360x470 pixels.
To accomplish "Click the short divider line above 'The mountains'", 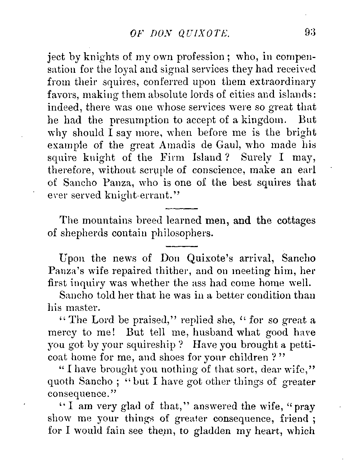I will point(182,208).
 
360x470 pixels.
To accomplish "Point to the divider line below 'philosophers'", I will point(182,246).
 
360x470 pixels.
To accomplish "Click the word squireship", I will point(158,345).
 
